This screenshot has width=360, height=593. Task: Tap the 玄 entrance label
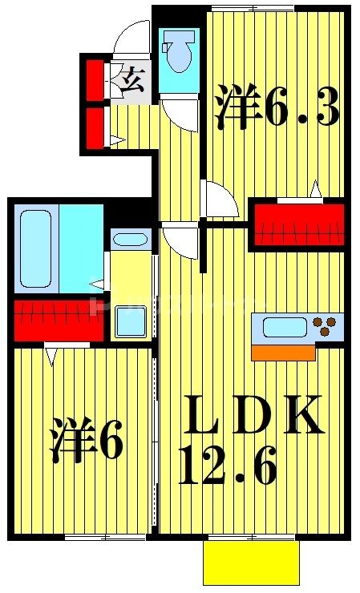pyautogui.click(x=131, y=79)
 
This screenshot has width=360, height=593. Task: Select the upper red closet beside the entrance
pyautogui.click(x=95, y=78)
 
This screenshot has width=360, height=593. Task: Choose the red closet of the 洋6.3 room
pyautogui.click(x=299, y=224)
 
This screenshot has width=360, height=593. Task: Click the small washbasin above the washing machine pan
pyautogui.click(x=128, y=239)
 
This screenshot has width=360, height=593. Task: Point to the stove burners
pyautogui.click(x=327, y=326)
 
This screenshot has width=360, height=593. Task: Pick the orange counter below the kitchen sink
pyautogui.click(x=283, y=353)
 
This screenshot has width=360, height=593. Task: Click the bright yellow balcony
pyautogui.click(x=251, y=563)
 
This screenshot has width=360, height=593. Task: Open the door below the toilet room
pyautogui.click(x=180, y=115)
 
